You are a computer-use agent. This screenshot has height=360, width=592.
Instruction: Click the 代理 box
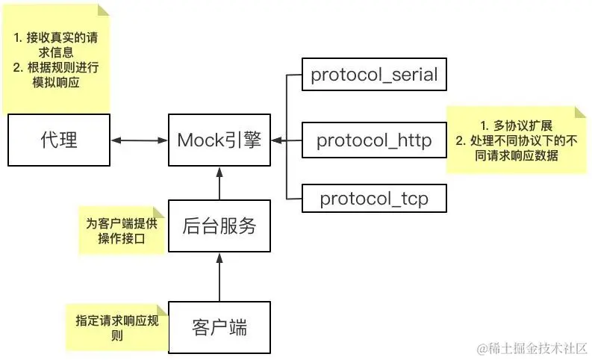[x=58, y=139]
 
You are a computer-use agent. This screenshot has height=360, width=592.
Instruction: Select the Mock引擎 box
[x=219, y=139]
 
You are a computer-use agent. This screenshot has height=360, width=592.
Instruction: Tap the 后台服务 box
[x=219, y=225]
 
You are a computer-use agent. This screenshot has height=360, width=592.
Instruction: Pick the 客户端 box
[x=219, y=326]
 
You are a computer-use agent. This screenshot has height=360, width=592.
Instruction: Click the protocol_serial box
[x=373, y=75]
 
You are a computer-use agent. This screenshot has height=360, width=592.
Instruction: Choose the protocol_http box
[x=373, y=140]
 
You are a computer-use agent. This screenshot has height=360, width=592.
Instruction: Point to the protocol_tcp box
[x=373, y=199]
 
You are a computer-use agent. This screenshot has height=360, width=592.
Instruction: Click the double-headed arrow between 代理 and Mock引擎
[x=139, y=140]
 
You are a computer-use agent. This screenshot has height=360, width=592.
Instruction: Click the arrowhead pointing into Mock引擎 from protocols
[x=276, y=140]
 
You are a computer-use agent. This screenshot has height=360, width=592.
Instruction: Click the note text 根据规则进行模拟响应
[x=57, y=75]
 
